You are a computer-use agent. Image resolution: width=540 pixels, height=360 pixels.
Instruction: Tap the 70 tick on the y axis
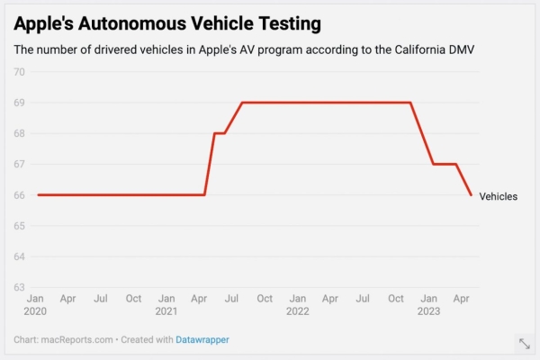click(20, 72)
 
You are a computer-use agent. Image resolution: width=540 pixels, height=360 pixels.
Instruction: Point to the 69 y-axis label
click(20, 103)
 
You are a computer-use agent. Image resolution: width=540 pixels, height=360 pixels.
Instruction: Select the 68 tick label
click(20, 133)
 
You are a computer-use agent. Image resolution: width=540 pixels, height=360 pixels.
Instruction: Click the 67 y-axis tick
click(20, 165)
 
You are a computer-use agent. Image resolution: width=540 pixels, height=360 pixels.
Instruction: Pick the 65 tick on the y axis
click(20, 226)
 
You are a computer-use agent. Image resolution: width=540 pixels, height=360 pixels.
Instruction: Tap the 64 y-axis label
click(20, 256)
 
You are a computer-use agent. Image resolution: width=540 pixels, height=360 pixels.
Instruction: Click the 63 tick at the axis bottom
click(20, 287)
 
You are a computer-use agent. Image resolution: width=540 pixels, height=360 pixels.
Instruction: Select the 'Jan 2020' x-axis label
click(35, 304)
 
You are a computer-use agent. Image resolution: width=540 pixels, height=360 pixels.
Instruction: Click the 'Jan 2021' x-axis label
click(166, 304)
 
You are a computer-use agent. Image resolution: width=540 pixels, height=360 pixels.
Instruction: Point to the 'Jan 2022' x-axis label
click(298, 304)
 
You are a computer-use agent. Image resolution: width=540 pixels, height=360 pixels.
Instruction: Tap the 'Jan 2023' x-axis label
click(430, 304)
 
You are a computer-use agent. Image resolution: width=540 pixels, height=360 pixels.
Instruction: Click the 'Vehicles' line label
click(499, 196)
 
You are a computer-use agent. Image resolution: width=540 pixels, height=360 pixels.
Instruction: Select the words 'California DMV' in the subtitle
click(433, 49)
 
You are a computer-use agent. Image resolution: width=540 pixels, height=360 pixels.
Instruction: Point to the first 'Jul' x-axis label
click(101, 298)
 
